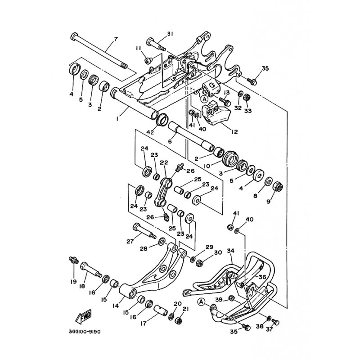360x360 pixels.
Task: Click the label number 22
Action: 163,163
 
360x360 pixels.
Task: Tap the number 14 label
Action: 116,305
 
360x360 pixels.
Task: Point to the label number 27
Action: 130,241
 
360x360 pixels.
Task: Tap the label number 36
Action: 262,277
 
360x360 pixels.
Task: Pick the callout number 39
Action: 219,299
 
